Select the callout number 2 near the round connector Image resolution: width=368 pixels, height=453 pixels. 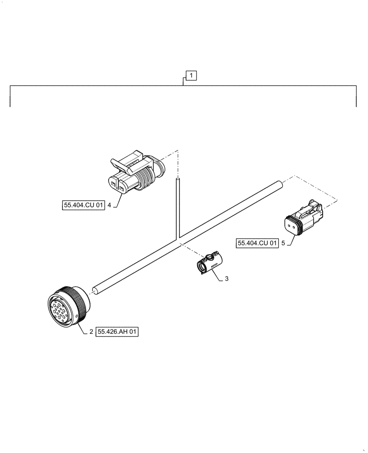pos(91,332)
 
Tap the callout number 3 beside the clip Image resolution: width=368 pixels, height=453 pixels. pos(227,279)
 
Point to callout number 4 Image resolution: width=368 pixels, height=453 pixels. pos(110,205)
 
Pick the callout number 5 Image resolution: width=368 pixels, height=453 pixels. pos(283,243)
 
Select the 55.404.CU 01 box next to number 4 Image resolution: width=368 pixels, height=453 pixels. pos(83,205)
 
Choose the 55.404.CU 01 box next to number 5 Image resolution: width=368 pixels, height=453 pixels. pos(257,243)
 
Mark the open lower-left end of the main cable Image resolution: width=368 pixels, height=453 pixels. pos(96,290)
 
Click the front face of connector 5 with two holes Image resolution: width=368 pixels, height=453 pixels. pos(291,225)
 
